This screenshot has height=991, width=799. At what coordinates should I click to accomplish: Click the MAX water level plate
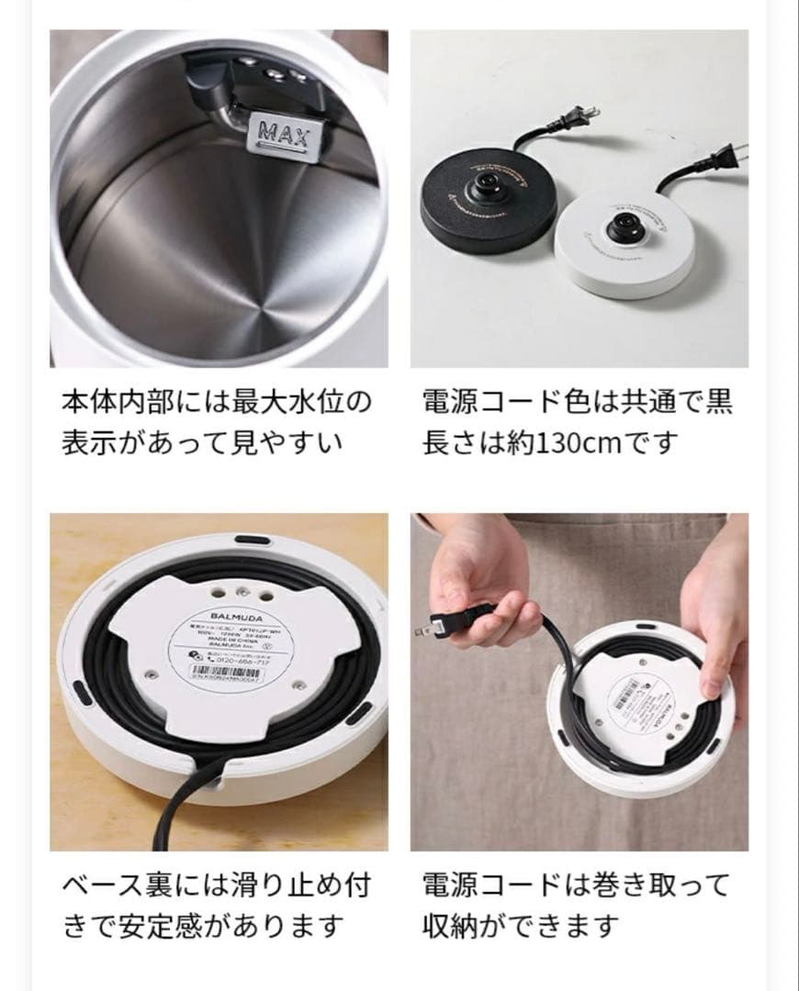(x=280, y=133)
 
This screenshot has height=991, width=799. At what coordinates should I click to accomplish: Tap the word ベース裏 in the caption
(x=118, y=885)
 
